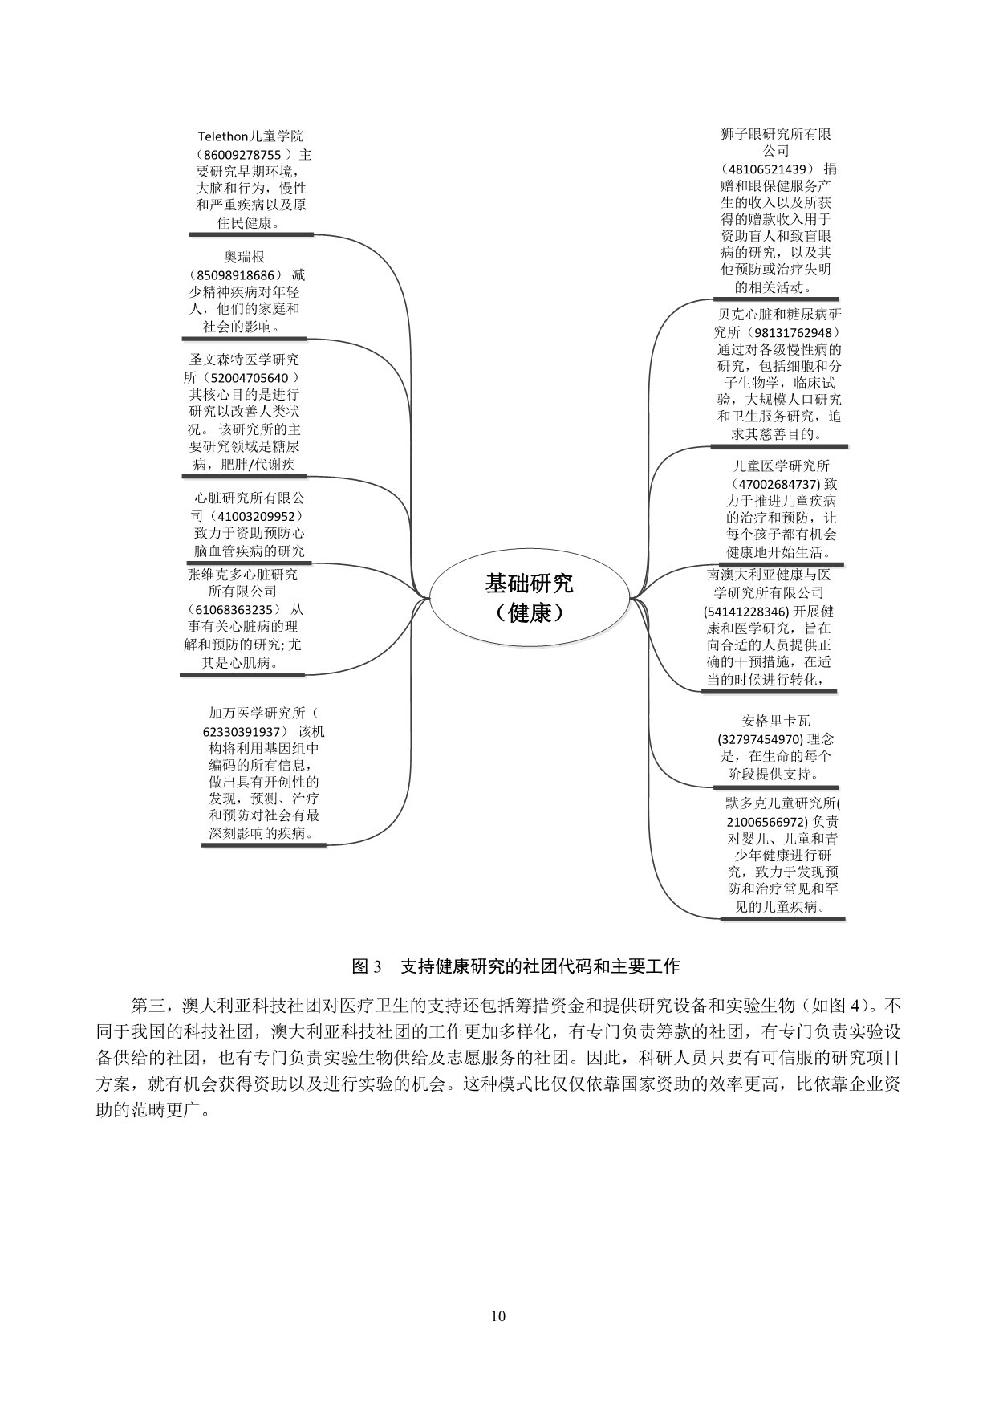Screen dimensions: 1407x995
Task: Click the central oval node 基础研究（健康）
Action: [529, 598]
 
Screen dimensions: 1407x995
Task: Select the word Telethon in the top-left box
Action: [225, 136]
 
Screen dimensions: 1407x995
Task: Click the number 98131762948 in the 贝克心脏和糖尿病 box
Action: [796, 332]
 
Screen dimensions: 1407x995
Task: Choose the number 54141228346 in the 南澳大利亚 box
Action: [751, 612]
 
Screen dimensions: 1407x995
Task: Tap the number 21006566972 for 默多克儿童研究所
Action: [767, 822]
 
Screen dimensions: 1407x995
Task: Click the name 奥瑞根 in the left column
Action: [245, 258]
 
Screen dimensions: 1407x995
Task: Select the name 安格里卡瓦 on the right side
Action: [777, 722]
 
